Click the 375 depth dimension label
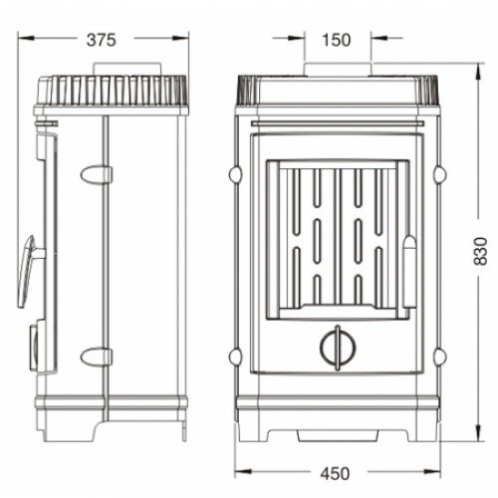(102, 40)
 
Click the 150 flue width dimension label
(336, 40)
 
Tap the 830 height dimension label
(480, 251)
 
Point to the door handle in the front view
(409, 272)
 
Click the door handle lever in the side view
(28, 271)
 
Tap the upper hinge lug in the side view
(96, 174)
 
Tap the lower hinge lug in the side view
(96, 357)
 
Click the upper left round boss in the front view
(235, 174)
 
